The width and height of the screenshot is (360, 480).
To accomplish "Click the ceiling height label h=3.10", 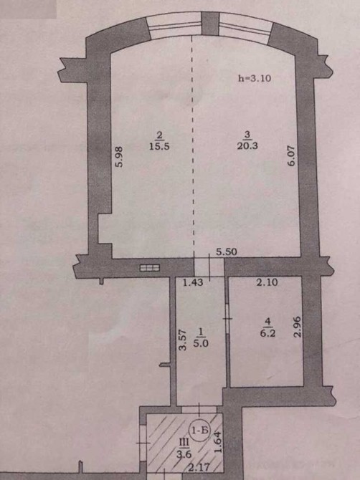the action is point(255,78).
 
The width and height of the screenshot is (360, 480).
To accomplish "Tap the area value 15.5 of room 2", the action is point(159,146).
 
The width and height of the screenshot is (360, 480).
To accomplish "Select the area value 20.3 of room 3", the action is point(247,145).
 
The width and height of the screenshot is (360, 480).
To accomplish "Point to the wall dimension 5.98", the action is point(119,156).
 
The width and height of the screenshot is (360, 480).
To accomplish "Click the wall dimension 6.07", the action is point(291,155).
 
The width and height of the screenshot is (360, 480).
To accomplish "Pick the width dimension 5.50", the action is point(227,251).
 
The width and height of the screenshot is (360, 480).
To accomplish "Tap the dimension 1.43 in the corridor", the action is point(193,282).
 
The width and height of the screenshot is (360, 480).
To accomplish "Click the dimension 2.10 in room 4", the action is point(267,282).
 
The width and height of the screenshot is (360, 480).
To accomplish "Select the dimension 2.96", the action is point(298,327).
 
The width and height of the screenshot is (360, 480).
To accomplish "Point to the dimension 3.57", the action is point(183,340).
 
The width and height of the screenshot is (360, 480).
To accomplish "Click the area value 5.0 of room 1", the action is point(201,343).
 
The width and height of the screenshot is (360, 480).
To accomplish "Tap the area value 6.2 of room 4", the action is point(267,332).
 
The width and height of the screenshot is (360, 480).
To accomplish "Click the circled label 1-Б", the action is point(200,431).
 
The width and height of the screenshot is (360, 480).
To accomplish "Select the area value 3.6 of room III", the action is point(184,454).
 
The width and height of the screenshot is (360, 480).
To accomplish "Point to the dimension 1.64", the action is point(217,442).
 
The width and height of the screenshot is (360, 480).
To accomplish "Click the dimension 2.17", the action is point(199,467).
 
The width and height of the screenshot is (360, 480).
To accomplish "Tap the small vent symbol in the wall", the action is point(150,268).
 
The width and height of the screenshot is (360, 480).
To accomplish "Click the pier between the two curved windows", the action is point(211,23).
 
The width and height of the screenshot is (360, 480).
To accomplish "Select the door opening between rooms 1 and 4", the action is point(227,319).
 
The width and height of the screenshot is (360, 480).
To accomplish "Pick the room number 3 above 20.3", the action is point(247,134).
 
